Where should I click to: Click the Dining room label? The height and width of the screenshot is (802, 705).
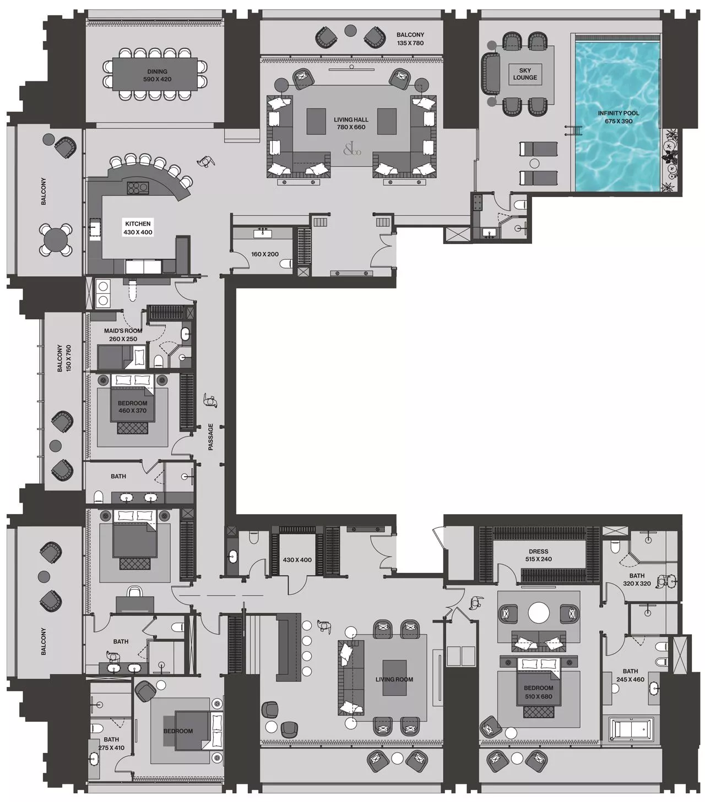(157, 75)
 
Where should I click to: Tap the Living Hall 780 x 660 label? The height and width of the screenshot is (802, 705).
(351, 123)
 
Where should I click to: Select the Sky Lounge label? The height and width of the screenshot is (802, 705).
(524, 74)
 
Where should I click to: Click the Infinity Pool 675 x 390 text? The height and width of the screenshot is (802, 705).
(618, 117)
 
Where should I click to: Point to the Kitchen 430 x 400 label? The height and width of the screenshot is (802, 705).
(138, 228)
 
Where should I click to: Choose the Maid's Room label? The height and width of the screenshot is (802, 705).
(123, 335)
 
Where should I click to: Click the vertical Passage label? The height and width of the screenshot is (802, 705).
(210, 437)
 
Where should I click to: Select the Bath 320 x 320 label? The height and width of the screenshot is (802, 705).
(637, 579)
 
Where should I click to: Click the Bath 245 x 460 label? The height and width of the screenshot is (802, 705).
(630, 675)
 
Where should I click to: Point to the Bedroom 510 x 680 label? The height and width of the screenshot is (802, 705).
(538, 692)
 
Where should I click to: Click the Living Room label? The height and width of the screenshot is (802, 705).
(394, 679)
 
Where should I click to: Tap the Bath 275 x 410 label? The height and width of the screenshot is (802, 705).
(111, 743)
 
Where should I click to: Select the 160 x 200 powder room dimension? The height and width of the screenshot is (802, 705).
(265, 255)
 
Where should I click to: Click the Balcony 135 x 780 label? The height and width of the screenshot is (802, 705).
(410, 39)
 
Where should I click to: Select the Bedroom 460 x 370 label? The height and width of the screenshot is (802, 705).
(132, 407)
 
